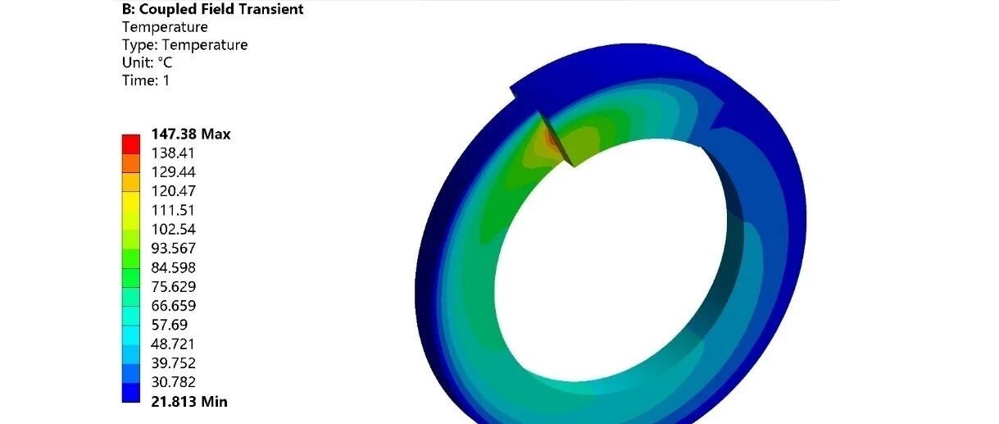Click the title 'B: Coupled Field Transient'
(x=213, y=9)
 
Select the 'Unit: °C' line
(x=147, y=62)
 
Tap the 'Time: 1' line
(x=146, y=80)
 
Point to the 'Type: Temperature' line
(x=184, y=44)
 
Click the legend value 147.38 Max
(x=191, y=134)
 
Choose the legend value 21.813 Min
(x=189, y=402)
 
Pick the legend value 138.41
(x=173, y=153)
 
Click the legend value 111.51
(x=173, y=210)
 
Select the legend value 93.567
(x=174, y=248)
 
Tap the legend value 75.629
(x=174, y=286)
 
